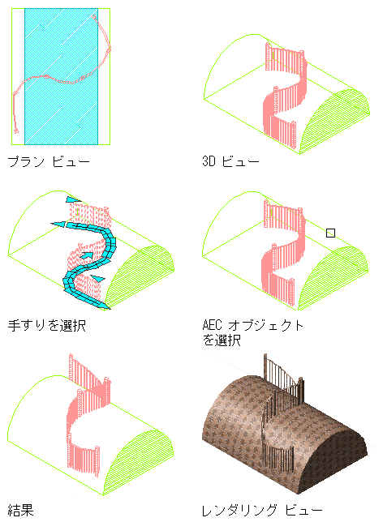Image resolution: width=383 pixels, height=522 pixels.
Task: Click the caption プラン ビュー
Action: (x=49, y=162)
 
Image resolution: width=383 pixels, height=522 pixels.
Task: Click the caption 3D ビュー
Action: (x=230, y=161)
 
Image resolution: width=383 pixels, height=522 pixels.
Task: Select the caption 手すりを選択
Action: (x=47, y=325)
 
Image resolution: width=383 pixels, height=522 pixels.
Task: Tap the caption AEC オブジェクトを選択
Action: (x=253, y=332)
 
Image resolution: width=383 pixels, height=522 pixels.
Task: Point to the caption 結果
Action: (x=20, y=510)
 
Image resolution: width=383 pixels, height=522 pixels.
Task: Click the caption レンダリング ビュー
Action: (x=262, y=511)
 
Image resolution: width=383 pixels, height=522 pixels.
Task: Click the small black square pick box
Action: (x=330, y=233)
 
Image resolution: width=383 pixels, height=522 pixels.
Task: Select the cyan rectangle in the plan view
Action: (x=62, y=76)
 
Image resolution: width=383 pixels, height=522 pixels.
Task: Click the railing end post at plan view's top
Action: (x=93, y=17)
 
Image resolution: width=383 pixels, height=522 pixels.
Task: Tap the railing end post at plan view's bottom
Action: (x=16, y=130)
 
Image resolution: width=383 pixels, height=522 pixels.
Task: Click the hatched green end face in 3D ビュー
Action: (x=337, y=120)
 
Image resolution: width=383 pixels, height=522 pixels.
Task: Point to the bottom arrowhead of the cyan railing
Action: (x=103, y=305)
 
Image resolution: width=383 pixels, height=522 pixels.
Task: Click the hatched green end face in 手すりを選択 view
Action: (x=140, y=276)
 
